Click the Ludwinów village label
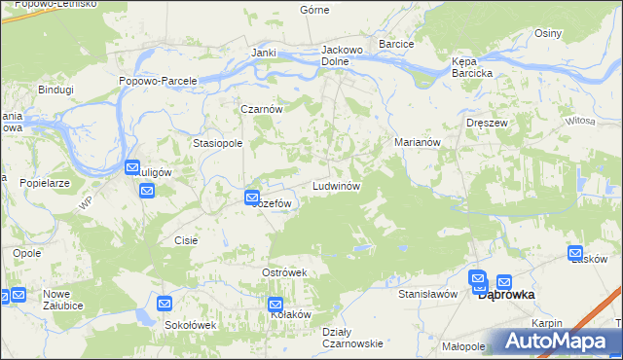click(x=337, y=185)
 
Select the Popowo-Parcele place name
click(x=158, y=81)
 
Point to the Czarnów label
click(x=262, y=109)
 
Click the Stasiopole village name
click(x=217, y=142)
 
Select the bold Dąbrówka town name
click(x=510, y=295)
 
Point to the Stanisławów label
click(x=427, y=293)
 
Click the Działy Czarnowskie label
click(x=351, y=337)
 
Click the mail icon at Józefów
click(x=251, y=198)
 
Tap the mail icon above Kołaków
click(x=275, y=305)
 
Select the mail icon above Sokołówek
click(x=164, y=305)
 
